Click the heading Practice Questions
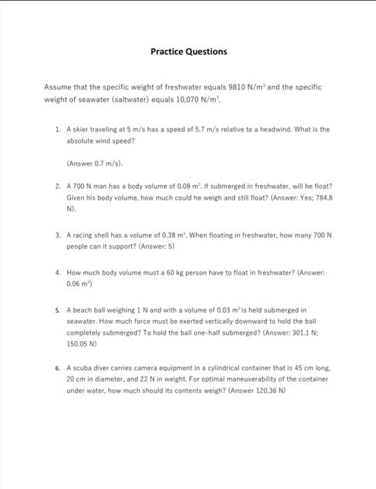tap(188, 52)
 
